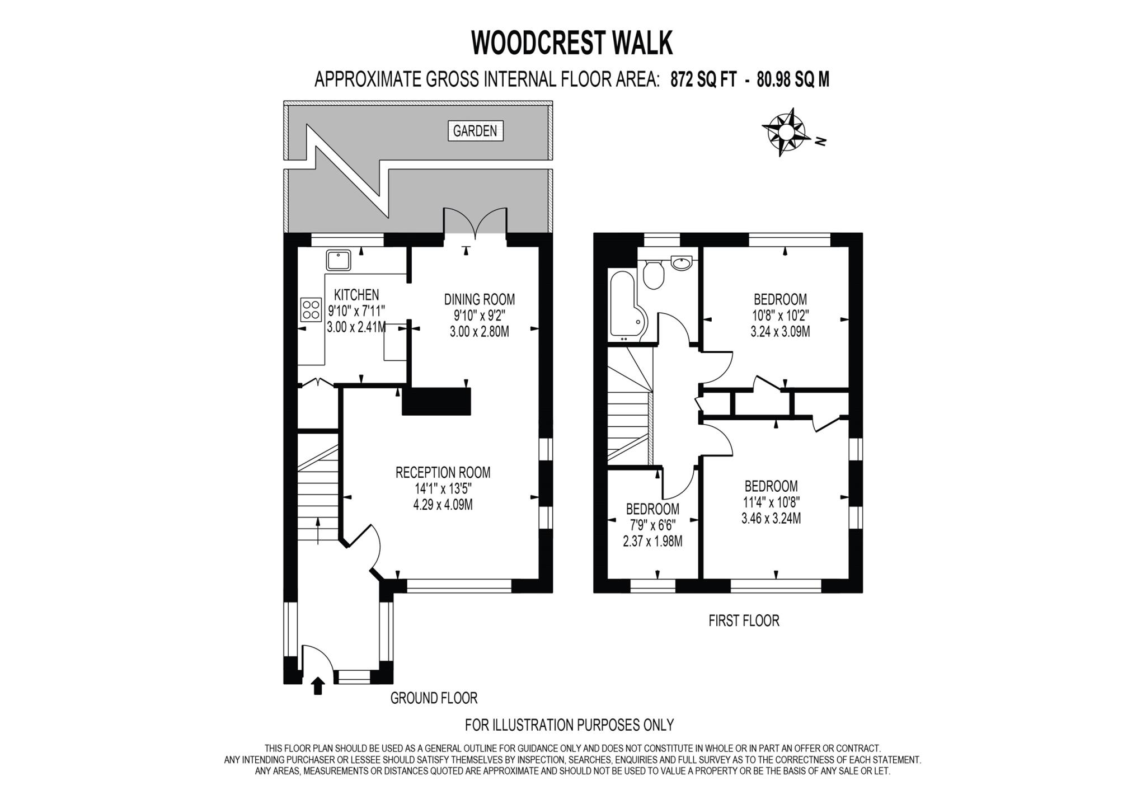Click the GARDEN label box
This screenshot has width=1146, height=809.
point(475,131)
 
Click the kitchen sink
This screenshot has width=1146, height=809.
point(339,261)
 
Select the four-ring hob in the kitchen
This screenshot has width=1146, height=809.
point(311,309)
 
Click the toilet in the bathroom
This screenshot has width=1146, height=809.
point(653,275)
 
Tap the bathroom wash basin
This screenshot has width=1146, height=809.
point(682,263)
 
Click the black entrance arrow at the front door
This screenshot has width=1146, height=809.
point(318,685)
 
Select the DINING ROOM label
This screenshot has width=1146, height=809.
point(479,299)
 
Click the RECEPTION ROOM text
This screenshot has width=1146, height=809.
point(443,473)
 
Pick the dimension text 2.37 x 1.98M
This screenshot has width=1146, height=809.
point(652,542)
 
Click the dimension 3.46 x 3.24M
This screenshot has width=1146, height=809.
point(771,519)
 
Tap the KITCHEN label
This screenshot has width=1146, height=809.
point(356,295)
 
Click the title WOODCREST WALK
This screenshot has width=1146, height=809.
point(572,43)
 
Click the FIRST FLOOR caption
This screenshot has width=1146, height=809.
point(744,620)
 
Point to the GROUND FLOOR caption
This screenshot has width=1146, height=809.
point(434,698)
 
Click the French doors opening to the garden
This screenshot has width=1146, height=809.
point(475,224)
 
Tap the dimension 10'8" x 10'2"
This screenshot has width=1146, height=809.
point(780,315)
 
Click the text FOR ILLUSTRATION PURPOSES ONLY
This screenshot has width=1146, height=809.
point(569,725)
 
